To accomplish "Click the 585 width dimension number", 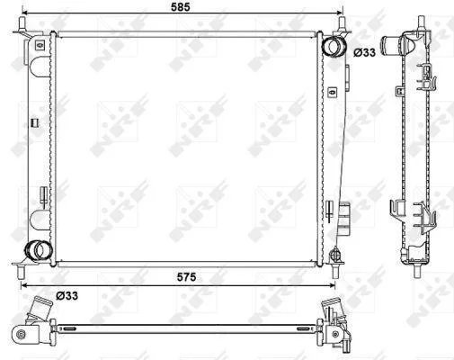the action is [181, 7].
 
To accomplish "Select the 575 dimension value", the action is [186, 277].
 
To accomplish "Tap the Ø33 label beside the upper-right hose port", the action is [364, 52].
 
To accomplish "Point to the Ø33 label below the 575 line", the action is [67, 296].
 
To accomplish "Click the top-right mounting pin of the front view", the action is [342, 24].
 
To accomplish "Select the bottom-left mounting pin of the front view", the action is [21, 272].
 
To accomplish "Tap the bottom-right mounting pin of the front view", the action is [335, 272].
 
